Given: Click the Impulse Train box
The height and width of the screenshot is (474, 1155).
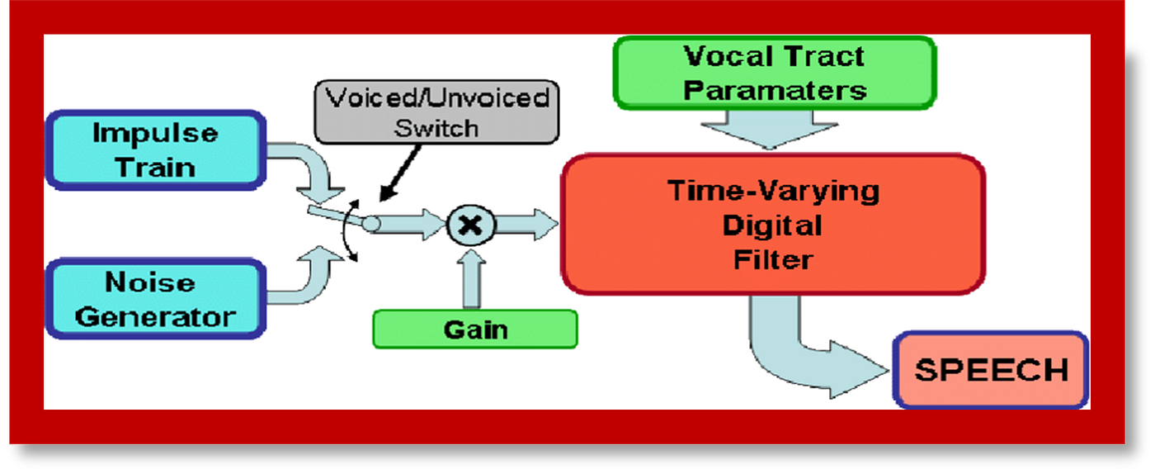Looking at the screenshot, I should coord(155,150).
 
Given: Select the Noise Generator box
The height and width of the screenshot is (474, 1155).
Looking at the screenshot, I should coord(155,299).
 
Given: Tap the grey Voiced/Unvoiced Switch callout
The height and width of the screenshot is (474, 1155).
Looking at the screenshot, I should coord(436,113).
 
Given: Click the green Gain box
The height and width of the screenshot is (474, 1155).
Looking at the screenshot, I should coord(475,329).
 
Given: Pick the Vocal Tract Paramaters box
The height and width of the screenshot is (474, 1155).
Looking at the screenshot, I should coord(774,73).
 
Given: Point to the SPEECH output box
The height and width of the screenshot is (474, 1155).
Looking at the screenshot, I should coord(991,369).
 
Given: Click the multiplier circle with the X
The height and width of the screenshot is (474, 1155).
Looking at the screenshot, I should coord(470,224).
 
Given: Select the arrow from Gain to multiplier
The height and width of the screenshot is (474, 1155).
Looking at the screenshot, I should coord(470,281).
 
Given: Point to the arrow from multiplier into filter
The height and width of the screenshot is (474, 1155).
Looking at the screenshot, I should coord(526,224).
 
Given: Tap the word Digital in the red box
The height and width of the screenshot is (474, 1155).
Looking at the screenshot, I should coord(772,225).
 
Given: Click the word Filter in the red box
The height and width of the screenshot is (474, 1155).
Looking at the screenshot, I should coord(772,259).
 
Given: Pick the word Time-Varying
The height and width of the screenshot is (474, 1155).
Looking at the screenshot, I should coord(772,191).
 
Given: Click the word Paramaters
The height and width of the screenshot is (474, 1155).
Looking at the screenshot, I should coord(774,89).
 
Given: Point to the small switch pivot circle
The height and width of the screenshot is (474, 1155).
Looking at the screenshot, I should coord(372,223).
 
